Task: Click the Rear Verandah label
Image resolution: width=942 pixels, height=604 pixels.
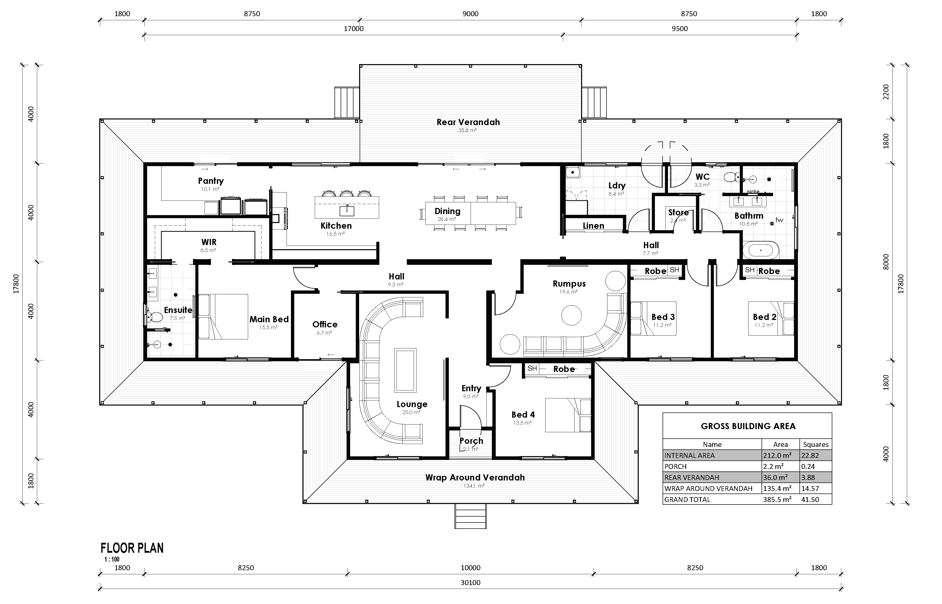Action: [468, 122]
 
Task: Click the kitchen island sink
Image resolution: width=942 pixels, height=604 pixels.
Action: [347, 211]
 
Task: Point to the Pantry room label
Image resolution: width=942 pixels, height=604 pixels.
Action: [211, 181]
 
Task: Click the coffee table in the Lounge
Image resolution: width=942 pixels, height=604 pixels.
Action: [405, 370]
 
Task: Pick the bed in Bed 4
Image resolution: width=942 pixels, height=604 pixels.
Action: [568, 415]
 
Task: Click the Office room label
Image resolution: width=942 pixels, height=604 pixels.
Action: [325, 324]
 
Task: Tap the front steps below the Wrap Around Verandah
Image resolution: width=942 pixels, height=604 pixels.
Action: [470, 516]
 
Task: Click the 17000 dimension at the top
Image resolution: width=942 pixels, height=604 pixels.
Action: [353, 29]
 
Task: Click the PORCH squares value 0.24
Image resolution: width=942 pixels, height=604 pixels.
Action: [808, 466]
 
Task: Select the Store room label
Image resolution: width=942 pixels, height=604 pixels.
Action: [678, 212]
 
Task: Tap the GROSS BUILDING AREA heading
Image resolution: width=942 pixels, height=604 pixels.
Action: [748, 426]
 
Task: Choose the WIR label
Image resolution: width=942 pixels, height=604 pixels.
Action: [209, 242]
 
